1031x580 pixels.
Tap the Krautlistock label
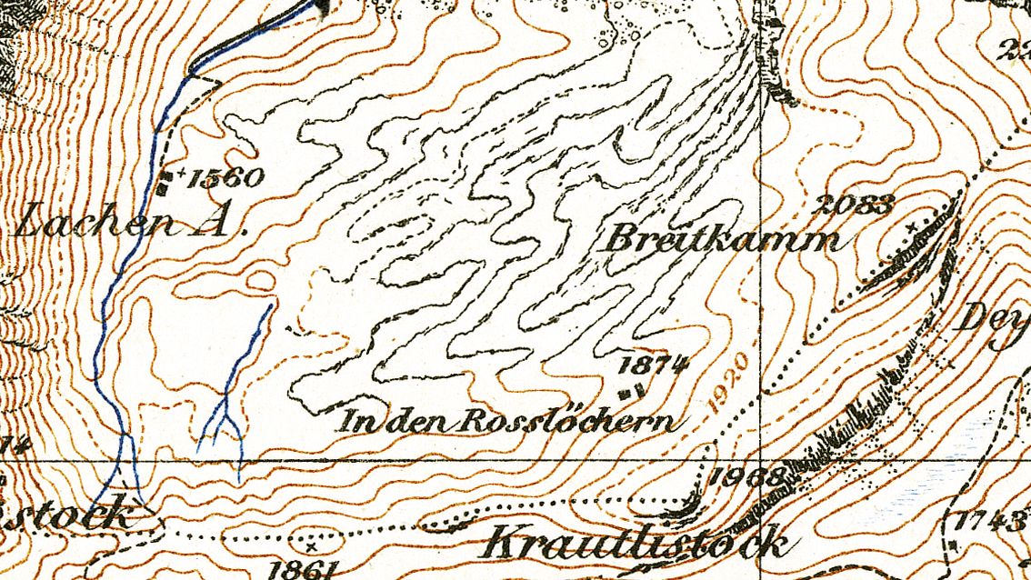(635, 543)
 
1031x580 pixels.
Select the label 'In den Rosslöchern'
(509, 421)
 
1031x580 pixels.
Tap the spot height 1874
(652, 365)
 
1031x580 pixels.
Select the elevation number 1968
(746, 475)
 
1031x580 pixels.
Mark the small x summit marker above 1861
(312, 546)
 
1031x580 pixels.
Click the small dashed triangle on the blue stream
(204, 81)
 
